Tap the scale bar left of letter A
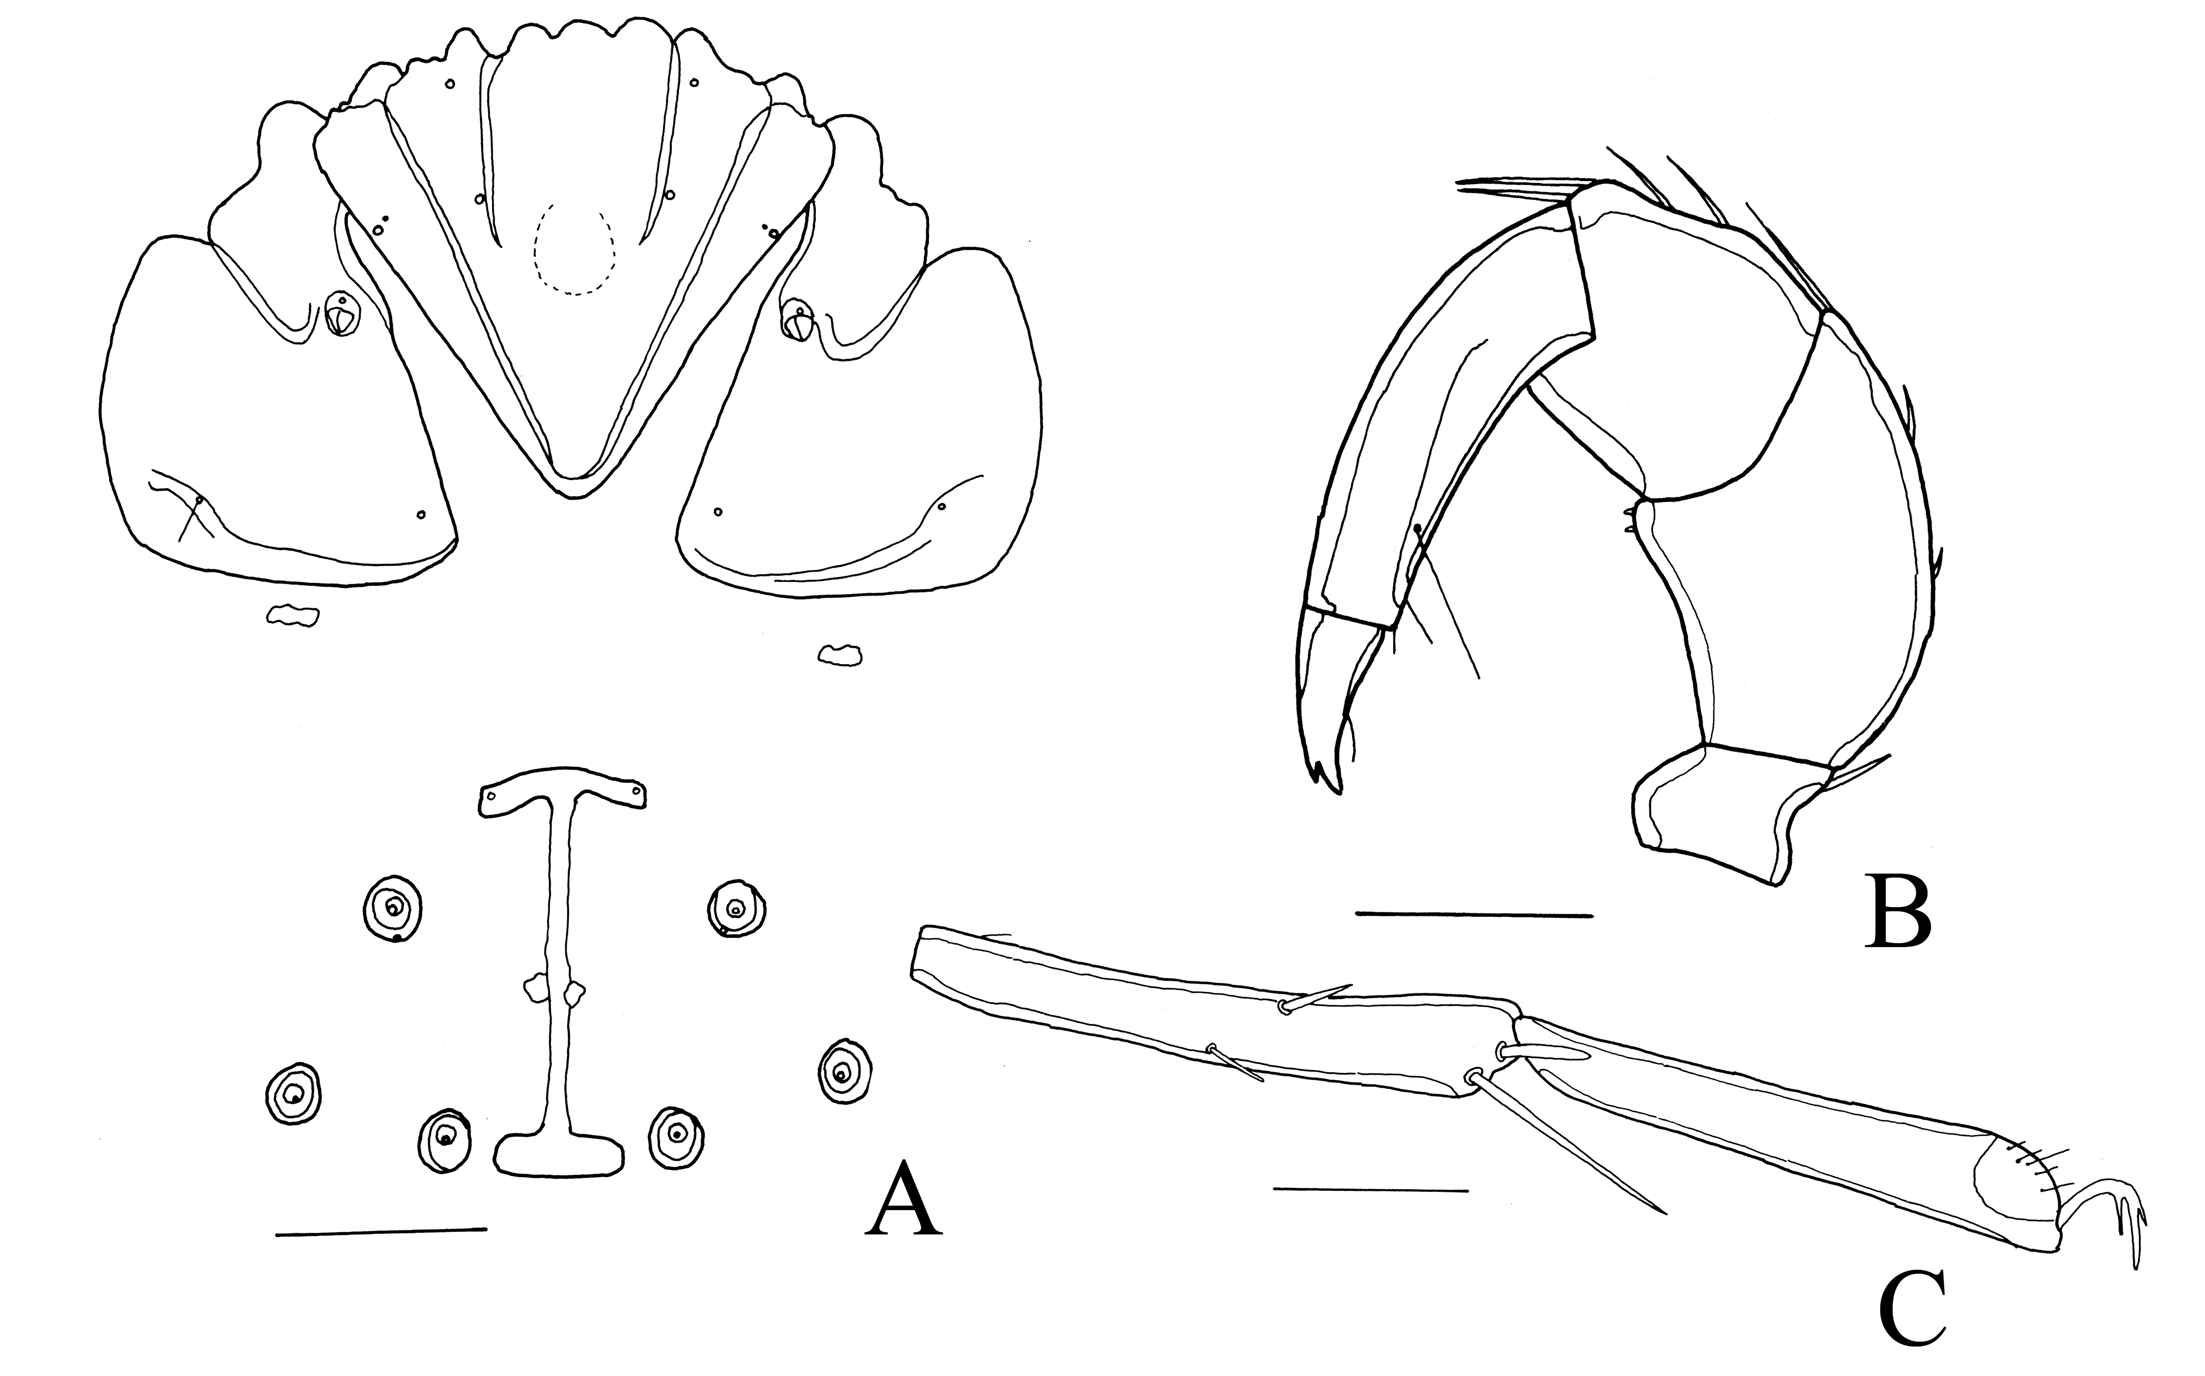tap(381, 1232)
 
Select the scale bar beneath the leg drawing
tap(1370, 1189)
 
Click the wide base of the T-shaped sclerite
tap(561, 1153)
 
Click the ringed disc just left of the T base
tap(444, 1140)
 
